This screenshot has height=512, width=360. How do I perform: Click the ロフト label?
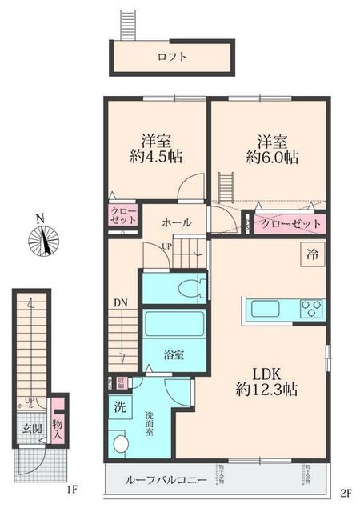click(172, 57)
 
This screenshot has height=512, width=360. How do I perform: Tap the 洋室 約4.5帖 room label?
click(156, 148)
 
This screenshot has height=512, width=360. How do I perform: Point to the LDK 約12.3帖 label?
click(267, 381)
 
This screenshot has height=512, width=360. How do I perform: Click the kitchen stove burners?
click(312, 308)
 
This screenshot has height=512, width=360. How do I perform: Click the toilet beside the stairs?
click(190, 289)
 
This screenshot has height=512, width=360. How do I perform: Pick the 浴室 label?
click(175, 353)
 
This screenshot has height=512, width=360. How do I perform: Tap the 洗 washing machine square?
click(118, 406)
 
